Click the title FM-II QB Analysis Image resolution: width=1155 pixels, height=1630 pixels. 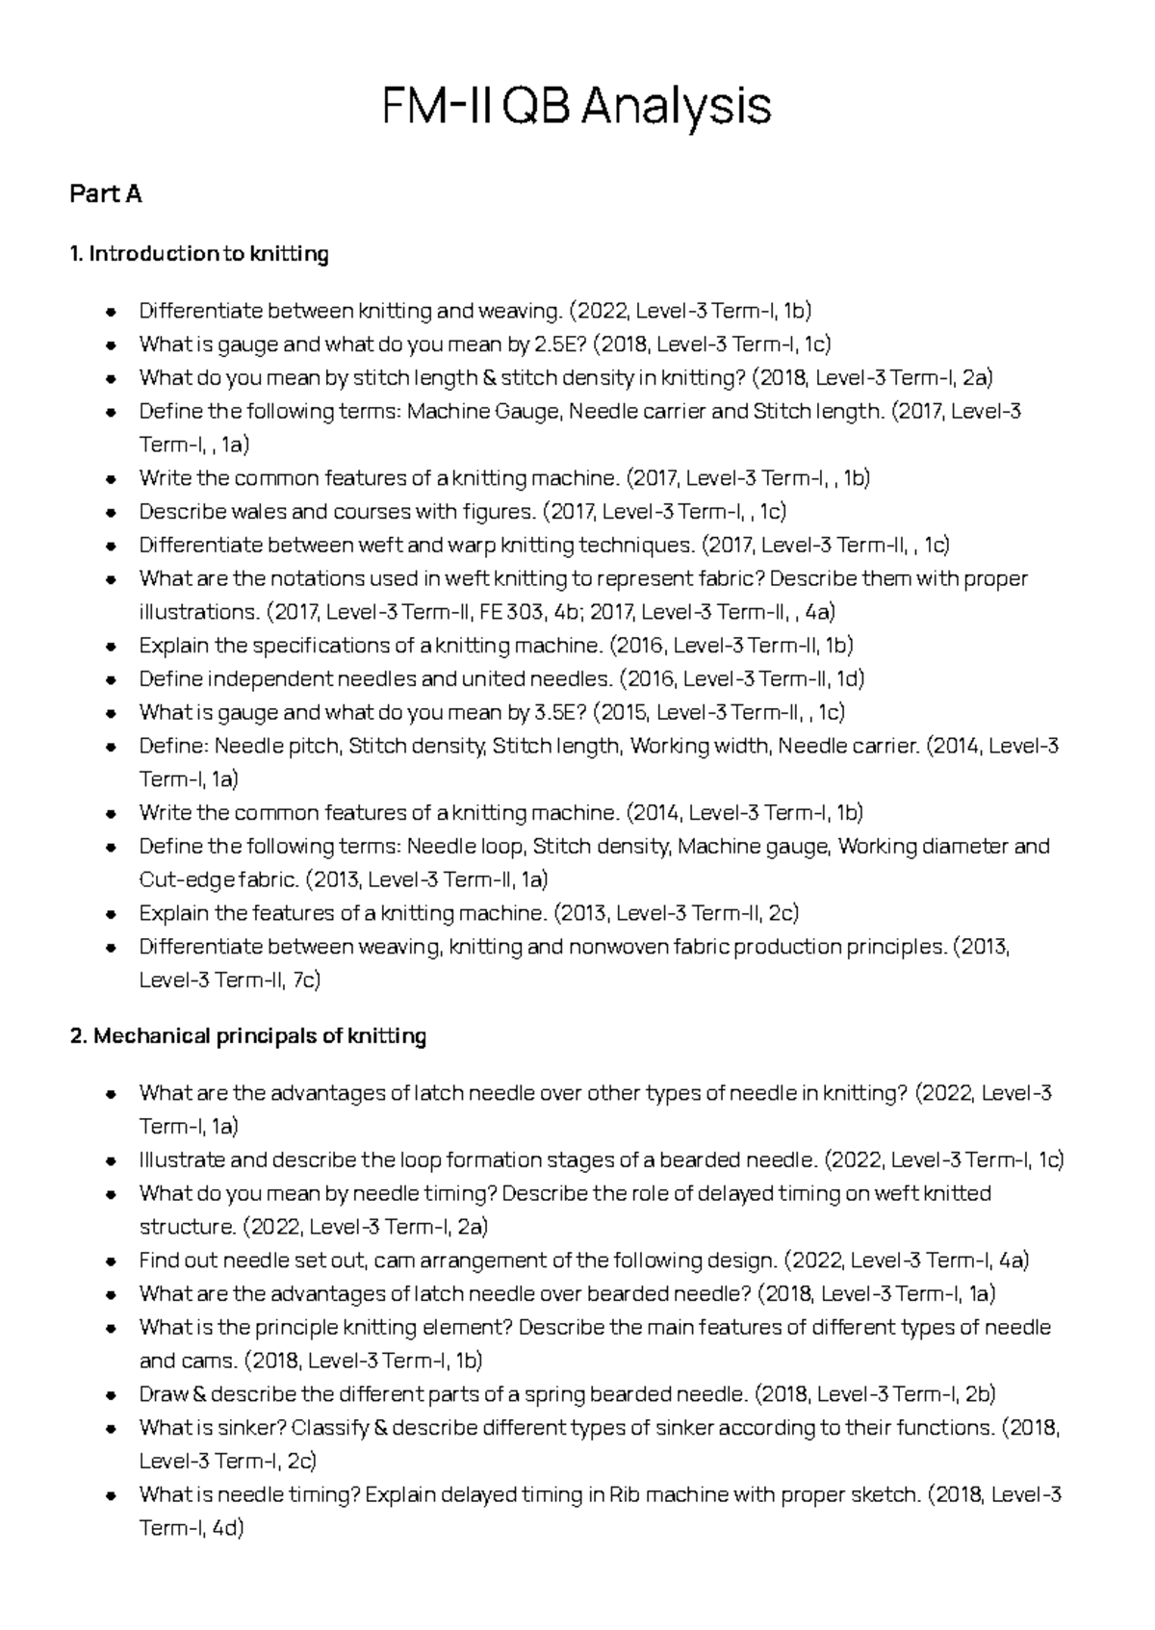577,106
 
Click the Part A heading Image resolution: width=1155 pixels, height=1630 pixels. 106,194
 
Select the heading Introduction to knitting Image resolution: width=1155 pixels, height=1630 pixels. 208,254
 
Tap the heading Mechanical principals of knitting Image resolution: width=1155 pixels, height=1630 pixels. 259,1036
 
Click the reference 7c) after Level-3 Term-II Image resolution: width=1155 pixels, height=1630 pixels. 305,981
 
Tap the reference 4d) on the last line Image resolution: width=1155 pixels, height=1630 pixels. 225,1529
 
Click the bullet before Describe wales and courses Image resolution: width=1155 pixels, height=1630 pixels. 112,512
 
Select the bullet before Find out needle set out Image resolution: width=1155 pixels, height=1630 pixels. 112,1261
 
